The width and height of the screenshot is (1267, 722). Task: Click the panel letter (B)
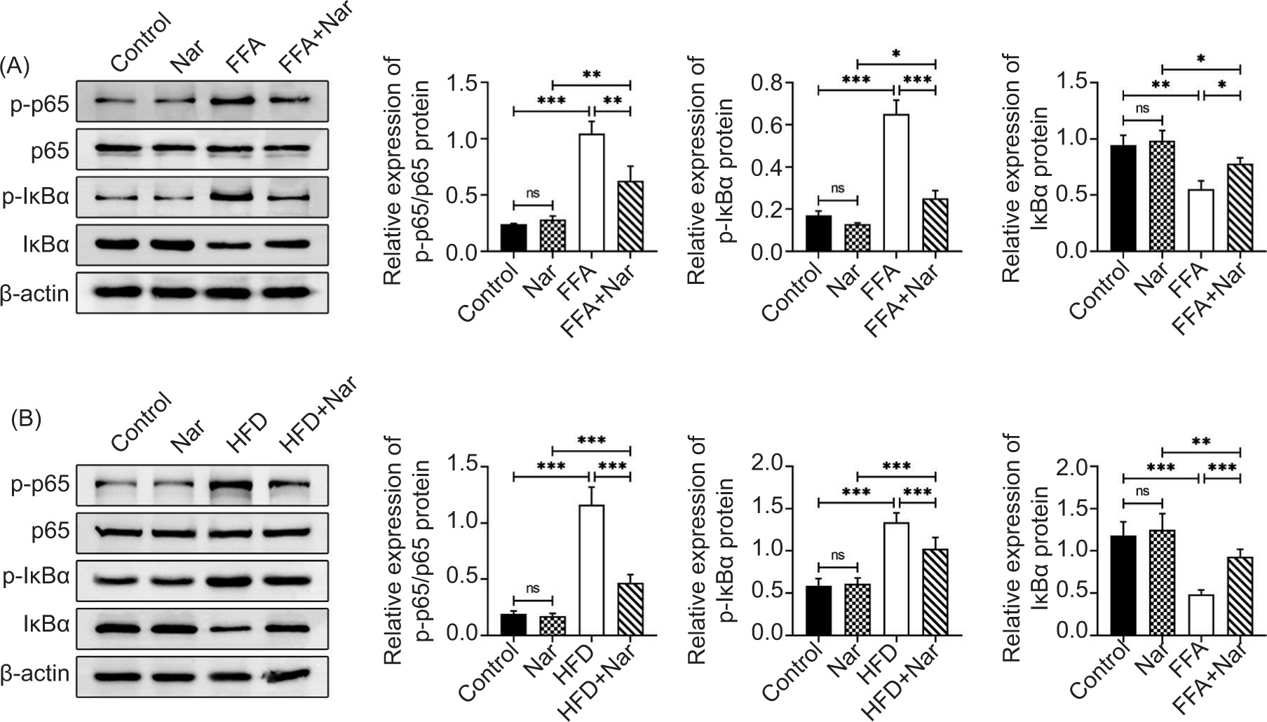pyautogui.click(x=27, y=418)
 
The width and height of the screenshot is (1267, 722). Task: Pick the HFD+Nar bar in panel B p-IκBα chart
pyautogui.click(x=934, y=592)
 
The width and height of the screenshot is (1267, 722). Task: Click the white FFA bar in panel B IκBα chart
pyautogui.click(x=1201, y=615)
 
